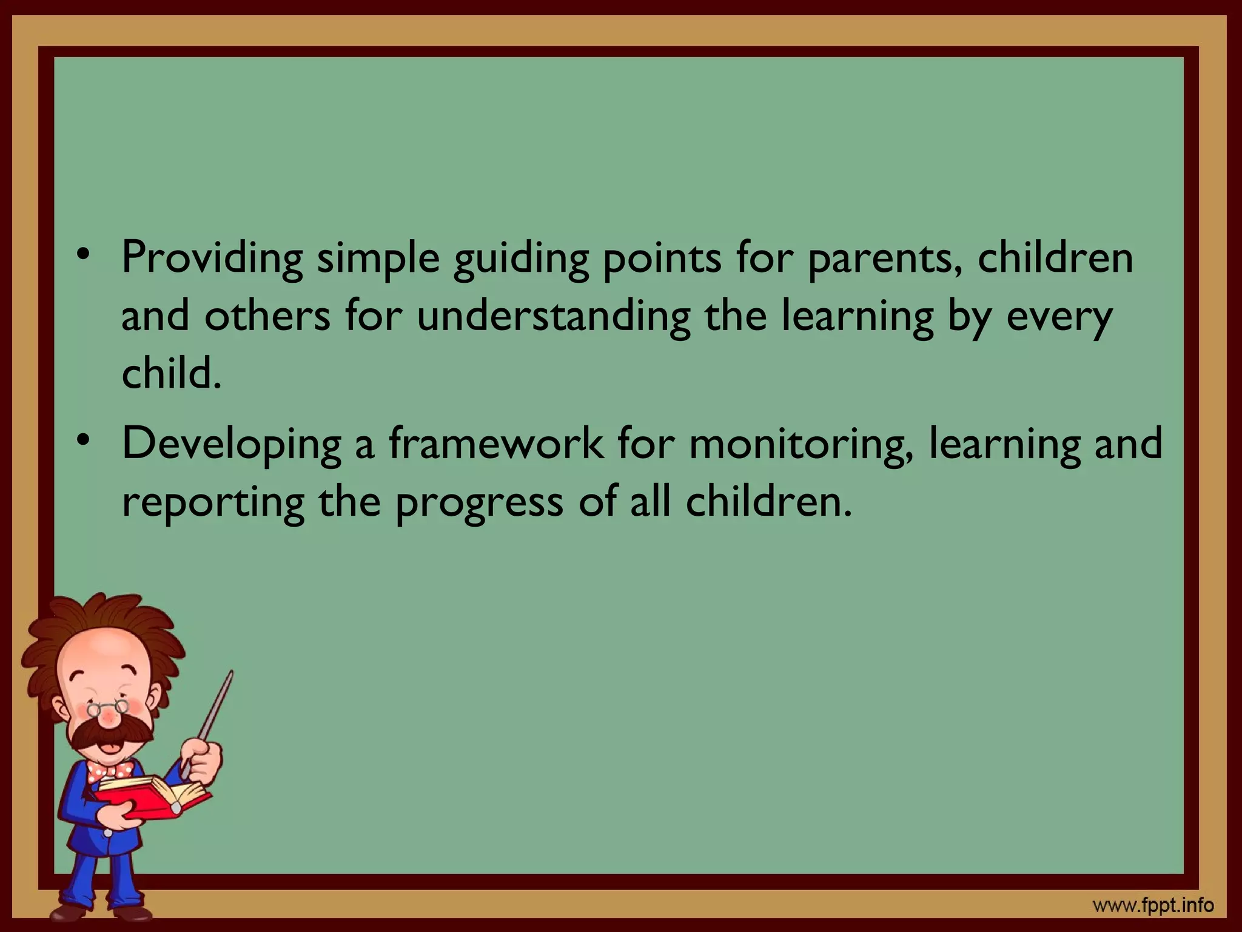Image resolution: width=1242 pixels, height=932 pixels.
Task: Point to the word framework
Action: point(495,443)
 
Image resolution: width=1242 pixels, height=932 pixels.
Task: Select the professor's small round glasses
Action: point(108,707)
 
